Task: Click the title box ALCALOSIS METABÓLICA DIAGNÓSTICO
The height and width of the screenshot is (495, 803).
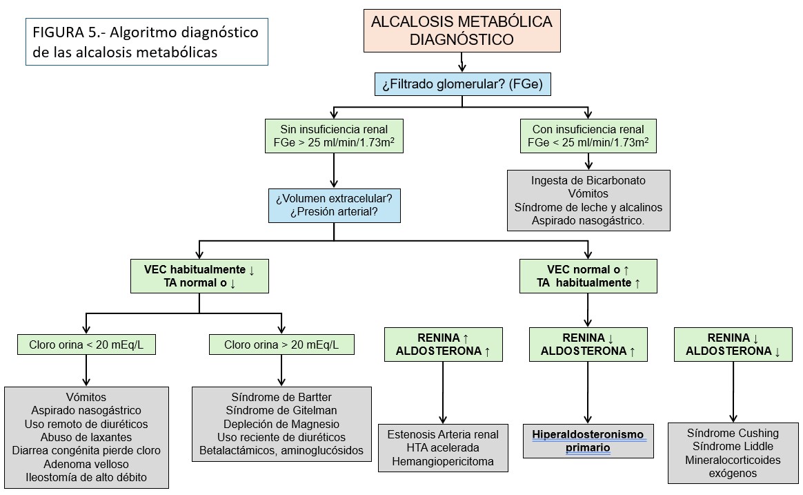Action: (462, 31)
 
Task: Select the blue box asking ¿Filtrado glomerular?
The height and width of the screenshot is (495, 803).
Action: (462, 86)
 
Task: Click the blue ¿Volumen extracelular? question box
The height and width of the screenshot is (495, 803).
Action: (334, 205)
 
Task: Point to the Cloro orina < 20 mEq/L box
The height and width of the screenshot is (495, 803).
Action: (86, 344)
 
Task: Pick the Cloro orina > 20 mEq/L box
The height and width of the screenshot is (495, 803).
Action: (281, 344)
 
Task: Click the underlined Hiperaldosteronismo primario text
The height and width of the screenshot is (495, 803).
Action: (588, 440)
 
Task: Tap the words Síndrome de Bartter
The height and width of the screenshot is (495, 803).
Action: (281, 397)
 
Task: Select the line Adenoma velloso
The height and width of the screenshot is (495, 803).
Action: (86, 463)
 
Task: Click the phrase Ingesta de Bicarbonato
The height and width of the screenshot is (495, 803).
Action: (588, 180)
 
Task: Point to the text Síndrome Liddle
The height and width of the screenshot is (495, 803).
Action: (733, 447)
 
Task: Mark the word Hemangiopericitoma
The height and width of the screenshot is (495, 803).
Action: (442, 461)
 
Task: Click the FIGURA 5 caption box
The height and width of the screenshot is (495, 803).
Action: (146, 41)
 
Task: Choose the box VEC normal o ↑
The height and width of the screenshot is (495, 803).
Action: (588, 276)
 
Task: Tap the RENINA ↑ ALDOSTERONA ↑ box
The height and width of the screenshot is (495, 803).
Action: (443, 344)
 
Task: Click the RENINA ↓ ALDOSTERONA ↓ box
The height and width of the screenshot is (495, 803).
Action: (733, 344)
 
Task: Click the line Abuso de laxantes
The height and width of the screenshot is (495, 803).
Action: (86, 437)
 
